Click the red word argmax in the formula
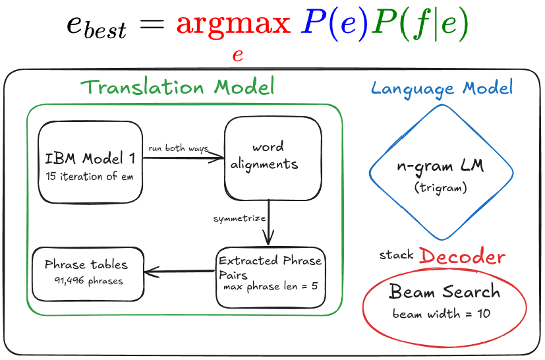click(x=233, y=24)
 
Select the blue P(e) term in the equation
click(x=334, y=24)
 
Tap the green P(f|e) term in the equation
click(x=419, y=24)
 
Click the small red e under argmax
click(x=238, y=55)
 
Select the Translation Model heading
click(x=177, y=87)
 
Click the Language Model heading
click(x=442, y=88)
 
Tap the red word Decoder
click(x=462, y=256)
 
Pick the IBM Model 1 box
click(x=90, y=162)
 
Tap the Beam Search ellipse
click(x=445, y=300)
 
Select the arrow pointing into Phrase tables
click(x=180, y=270)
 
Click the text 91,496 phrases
click(x=88, y=281)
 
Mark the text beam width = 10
click(x=441, y=313)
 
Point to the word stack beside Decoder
click(x=397, y=255)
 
